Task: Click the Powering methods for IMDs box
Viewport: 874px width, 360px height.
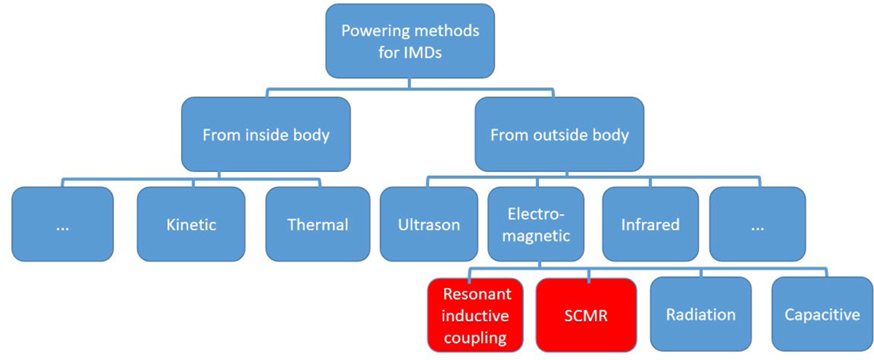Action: (409, 41)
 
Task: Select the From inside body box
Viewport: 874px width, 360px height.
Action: (265, 135)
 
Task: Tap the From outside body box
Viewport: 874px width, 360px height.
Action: (559, 135)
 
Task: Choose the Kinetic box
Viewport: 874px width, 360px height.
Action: (191, 224)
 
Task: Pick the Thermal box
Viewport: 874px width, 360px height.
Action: (318, 224)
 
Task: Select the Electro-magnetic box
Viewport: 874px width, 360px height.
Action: (535, 224)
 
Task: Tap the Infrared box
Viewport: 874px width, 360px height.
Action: (650, 224)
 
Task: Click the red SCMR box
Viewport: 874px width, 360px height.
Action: (586, 314)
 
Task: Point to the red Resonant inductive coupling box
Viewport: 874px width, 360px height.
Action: (477, 314)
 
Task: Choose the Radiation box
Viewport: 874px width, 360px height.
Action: (701, 314)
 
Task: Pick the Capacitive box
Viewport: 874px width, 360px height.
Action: (822, 314)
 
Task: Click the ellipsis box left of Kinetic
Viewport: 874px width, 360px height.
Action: (63, 224)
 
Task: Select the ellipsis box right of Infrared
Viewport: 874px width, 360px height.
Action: (757, 224)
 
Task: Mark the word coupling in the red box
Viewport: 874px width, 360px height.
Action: (477, 337)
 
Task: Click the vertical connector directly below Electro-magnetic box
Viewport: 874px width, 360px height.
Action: (535, 267)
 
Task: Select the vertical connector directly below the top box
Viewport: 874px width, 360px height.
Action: (409, 84)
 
